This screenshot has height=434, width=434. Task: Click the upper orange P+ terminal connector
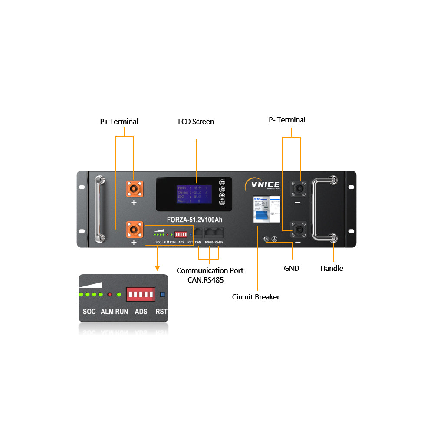[x=134, y=188]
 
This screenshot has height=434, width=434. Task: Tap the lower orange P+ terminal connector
[x=134, y=229]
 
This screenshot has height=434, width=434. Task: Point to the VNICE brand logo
[x=262, y=184]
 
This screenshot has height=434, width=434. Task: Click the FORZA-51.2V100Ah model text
[x=195, y=220]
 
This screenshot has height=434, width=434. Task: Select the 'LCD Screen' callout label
[x=196, y=122]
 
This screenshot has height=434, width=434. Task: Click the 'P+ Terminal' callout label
[x=119, y=122]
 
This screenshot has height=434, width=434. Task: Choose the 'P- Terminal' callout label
[x=287, y=120]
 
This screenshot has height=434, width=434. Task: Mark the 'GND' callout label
[x=291, y=268]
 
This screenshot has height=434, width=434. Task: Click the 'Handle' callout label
[x=332, y=268]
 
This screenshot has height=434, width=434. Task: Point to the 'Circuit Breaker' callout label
[x=256, y=297]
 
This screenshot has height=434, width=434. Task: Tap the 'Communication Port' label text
[x=210, y=270]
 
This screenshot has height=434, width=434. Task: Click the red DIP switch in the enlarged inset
[x=140, y=295]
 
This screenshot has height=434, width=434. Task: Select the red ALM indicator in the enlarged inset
[x=110, y=295]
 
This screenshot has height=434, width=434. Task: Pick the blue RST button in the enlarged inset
[x=163, y=295]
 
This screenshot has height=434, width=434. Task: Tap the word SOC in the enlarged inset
[x=89, y=312]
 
